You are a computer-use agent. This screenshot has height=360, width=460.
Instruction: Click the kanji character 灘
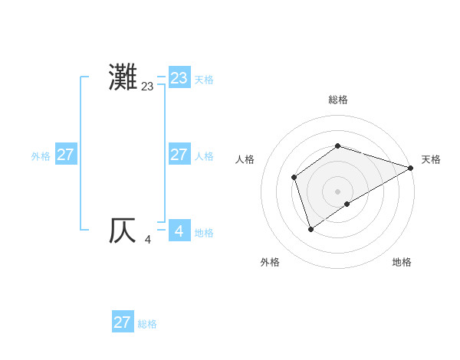[x=123, y=77]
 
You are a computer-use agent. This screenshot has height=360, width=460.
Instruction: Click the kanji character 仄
[x=123, y=231]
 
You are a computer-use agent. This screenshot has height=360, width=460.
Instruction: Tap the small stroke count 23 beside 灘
[x=147, y=87]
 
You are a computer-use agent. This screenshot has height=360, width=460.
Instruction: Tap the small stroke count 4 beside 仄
[x=147, y=240]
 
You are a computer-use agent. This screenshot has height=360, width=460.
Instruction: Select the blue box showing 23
[x=179, y=78]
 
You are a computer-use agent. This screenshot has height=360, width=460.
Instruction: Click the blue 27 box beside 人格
[x=179, y=155]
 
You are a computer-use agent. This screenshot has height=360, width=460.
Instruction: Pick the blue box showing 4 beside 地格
[x=179, y=231]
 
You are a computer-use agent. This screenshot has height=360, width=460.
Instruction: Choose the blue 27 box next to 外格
[x=65, y=155]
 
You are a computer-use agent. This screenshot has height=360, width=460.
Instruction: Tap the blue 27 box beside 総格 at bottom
[x=123, y=322]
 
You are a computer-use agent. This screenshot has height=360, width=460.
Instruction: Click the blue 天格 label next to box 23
[x=204, y=80]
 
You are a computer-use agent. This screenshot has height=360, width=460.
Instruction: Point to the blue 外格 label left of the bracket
[x=41, y=156]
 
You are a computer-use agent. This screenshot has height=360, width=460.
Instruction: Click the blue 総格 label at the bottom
[x=147, y=324]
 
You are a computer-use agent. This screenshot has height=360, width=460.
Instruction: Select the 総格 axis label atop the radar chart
[x=337, y=100]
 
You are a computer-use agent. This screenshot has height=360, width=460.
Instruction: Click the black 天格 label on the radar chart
[x=431, y=159]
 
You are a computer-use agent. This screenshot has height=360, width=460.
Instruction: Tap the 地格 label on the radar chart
[x=402, y=263]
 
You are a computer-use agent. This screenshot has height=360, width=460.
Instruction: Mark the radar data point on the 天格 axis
[x=410, y=168]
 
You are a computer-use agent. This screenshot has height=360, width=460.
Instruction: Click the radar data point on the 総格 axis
[x=337, y=146]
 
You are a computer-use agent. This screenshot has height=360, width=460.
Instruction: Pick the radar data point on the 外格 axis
[x=310, y=228]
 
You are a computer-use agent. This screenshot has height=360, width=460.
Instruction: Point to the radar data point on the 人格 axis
[x=294, y=178]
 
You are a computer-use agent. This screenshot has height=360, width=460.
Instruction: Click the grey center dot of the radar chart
[x=337, y=191]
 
